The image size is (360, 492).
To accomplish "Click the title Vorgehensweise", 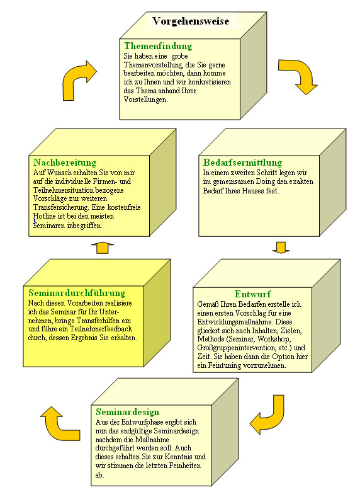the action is [191, 21].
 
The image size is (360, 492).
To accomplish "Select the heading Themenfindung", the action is [158, 46].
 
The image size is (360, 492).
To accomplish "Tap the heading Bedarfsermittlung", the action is [242, 163].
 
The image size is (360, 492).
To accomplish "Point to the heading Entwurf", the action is [252, 294].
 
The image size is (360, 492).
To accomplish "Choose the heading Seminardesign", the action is [128, 412].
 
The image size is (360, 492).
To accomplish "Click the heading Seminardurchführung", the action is [77, 293].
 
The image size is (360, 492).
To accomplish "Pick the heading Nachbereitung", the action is [65, 163].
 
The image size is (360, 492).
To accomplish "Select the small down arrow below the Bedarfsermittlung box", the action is [281, 247].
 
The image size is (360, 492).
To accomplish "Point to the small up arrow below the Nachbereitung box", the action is [103, 248].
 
